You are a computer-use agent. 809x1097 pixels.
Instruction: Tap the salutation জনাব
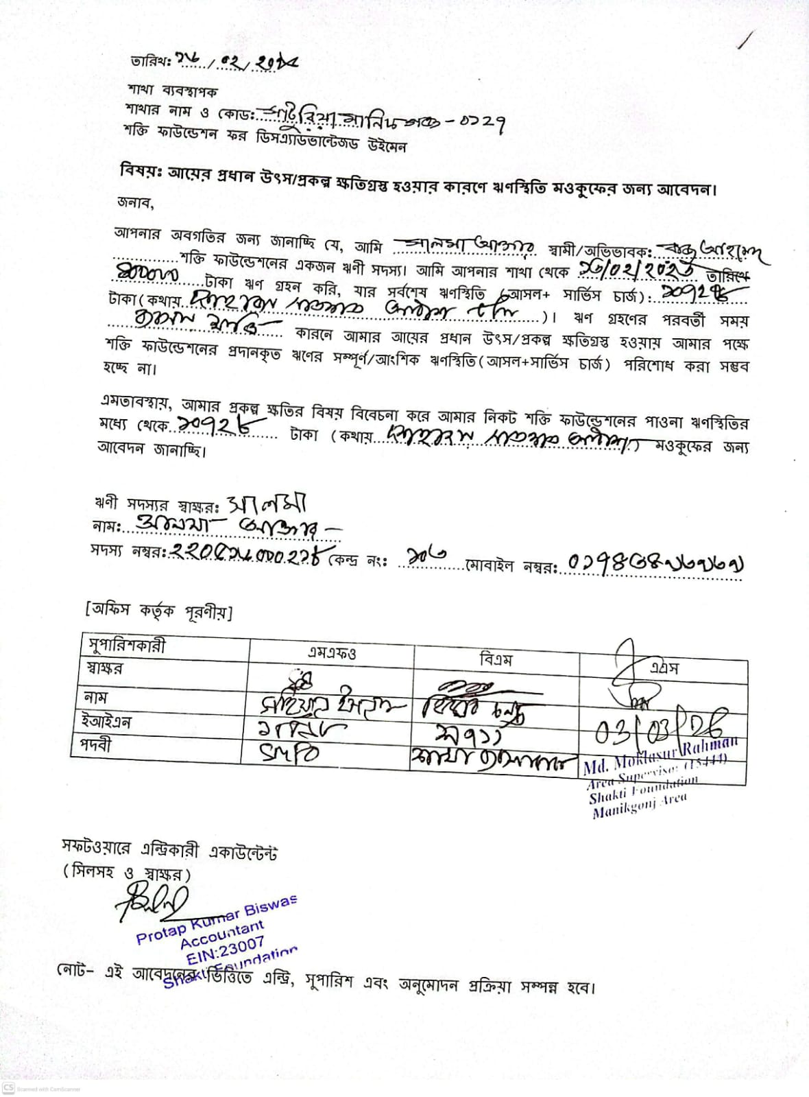point(136,203)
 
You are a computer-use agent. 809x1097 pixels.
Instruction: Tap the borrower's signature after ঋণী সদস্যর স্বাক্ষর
point(267,505)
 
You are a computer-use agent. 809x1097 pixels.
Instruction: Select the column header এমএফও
point(331,652)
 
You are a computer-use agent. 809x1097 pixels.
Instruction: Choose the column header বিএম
point(496,659)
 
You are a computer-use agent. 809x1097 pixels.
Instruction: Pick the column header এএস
point(664,668)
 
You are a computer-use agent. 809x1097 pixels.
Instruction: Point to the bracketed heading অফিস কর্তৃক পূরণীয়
point(158,610)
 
